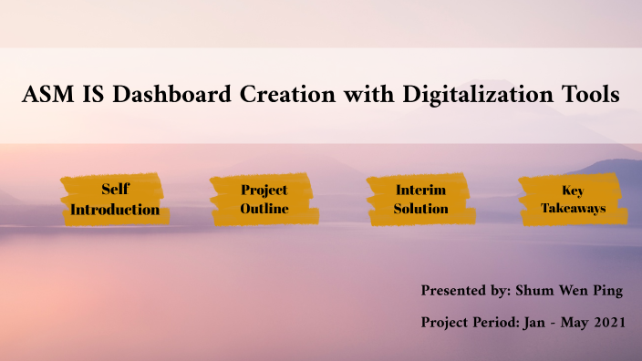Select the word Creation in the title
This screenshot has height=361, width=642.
tap(285, 95)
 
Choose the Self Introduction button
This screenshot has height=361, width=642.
tap(115, 200)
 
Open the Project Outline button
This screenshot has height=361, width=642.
tap(264, 200)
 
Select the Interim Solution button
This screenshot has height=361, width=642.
tap(420, 200)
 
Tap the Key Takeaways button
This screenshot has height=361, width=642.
tap(573, 200)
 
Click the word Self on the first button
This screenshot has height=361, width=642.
tap(115, 191)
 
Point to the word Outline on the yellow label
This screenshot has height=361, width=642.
tap(264, 209)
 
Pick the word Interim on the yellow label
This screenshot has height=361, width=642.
tap(420, 191)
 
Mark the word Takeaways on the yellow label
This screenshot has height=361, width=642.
tap(573, 209)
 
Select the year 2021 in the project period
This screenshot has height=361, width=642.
tap(606, 323)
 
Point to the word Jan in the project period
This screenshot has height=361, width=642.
tap(530, 323)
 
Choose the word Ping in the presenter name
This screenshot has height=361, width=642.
tap(608, 291)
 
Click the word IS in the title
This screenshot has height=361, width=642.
tap(89, 95)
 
